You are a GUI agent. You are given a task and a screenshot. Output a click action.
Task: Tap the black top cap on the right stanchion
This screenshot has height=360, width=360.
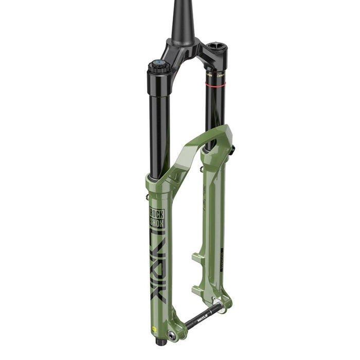pos(215,51)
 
